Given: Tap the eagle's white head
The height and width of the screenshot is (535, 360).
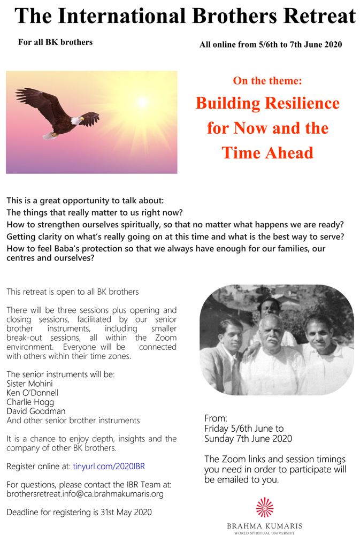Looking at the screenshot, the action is coord(76,120).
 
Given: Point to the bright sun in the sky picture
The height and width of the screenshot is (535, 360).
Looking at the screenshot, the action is coord(142,102).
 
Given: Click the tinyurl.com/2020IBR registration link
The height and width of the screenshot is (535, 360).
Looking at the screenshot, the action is coord(109,466).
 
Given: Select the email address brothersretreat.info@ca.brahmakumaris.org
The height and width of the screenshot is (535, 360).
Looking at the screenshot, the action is coord(85,494).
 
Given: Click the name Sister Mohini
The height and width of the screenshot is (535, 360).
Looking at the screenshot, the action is coord(29,384).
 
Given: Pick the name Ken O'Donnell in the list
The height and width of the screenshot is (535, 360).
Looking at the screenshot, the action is coord(33,393).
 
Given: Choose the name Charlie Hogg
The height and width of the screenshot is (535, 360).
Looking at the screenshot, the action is coord(30,402).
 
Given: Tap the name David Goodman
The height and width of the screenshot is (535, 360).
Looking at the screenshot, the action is coord(36,411).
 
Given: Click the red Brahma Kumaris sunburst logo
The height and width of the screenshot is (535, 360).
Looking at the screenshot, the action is coord(264,507).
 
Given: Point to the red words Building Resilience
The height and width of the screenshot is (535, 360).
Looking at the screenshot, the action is coord(267,103).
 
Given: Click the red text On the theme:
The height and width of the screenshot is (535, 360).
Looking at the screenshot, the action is coord(267,81).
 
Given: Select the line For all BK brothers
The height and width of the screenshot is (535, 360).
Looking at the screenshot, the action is coord(55,42).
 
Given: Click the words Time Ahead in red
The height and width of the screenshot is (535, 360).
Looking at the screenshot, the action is coord(267,152).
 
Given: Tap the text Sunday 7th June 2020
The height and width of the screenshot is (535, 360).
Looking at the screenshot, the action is coord(248,439).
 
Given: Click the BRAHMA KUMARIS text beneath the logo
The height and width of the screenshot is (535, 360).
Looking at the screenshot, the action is coord(264,526).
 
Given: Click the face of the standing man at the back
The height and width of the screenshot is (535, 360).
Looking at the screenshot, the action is coord(270,308).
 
